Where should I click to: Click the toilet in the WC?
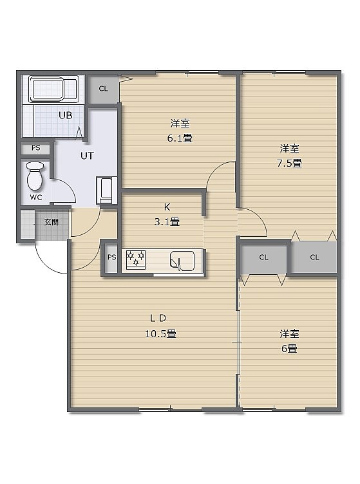tap(35, 175)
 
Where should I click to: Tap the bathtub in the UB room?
tap(53, 89)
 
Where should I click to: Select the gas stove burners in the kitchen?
tap(136, 259)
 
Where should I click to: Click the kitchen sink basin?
tap(182, 261)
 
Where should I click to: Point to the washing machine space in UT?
tap(106, 190)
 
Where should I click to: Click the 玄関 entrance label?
tap(52, 222)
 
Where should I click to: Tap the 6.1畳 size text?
tap(180, 138)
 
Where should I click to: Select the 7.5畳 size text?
tap(289, 163)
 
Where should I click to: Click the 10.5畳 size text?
tap(160, 333)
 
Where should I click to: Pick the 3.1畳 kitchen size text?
tap(167, 221)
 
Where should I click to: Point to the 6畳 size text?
tap(289, 348)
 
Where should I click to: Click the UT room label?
tap(87, 156)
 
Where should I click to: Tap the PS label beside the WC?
tap(36, 148)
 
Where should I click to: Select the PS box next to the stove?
tap(111, 257)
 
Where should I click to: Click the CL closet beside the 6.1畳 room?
tap(104, 89)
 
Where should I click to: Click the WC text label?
tap(36, 197)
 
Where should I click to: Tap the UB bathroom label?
tap(66, 115)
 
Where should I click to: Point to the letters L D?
tap(158, 318)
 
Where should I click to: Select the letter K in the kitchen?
tap(167, 207)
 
